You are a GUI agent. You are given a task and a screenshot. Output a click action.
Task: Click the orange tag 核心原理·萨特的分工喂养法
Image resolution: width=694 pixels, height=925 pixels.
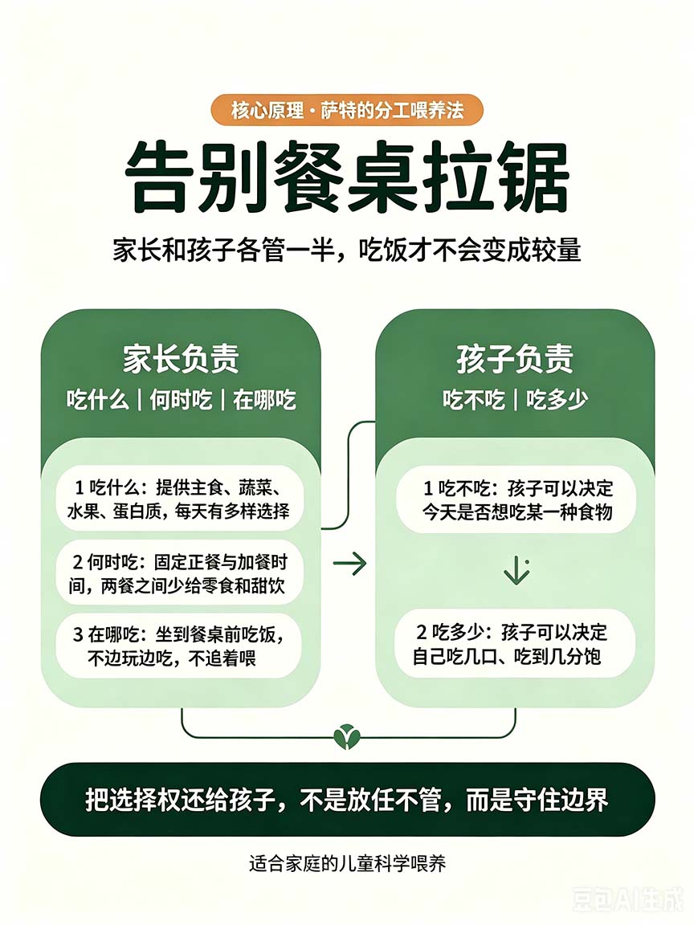point(346,110)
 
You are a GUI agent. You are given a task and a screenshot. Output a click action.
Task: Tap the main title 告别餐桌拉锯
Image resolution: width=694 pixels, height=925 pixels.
point(347,177)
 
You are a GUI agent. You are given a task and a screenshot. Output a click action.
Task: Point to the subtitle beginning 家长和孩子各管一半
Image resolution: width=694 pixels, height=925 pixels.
point(347,251)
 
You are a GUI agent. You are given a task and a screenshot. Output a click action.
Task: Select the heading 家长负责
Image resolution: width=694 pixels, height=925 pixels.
point(181,358)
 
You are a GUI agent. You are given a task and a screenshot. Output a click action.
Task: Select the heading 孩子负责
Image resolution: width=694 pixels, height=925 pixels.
point(515,358)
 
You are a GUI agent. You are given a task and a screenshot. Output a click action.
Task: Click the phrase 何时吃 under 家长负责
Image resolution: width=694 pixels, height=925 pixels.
point(181,400)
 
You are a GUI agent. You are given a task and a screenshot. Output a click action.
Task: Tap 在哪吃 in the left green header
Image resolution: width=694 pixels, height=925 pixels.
point(264,400)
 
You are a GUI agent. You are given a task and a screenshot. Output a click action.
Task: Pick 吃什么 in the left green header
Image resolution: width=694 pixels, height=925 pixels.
point(97,400)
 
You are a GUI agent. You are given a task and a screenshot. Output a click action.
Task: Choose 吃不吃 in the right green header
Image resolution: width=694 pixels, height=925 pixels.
point(474,400)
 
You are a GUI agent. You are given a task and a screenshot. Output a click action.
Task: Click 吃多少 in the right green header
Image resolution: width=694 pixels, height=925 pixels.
point(557,400)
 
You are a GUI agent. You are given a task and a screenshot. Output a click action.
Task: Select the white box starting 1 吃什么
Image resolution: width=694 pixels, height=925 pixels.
point(179,499)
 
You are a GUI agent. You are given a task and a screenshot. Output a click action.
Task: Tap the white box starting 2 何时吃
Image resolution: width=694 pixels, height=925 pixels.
point(179,573)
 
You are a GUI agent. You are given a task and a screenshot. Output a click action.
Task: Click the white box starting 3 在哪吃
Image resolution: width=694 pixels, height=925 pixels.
point(178,646)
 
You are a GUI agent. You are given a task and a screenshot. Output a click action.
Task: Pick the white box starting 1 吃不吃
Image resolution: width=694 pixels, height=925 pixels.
point(516,499)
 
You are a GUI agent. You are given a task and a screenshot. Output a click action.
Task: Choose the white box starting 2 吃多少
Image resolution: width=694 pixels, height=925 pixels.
point(515,644)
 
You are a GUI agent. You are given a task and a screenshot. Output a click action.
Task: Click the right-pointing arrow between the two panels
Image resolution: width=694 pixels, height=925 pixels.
point(350,564)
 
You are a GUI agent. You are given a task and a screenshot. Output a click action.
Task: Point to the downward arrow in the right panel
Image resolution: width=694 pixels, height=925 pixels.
point(516,570)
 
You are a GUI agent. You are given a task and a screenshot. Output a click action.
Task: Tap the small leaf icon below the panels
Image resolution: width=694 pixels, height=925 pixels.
point(347,736)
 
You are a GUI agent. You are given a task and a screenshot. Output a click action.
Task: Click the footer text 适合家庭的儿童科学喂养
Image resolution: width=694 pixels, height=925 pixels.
point(347,864)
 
